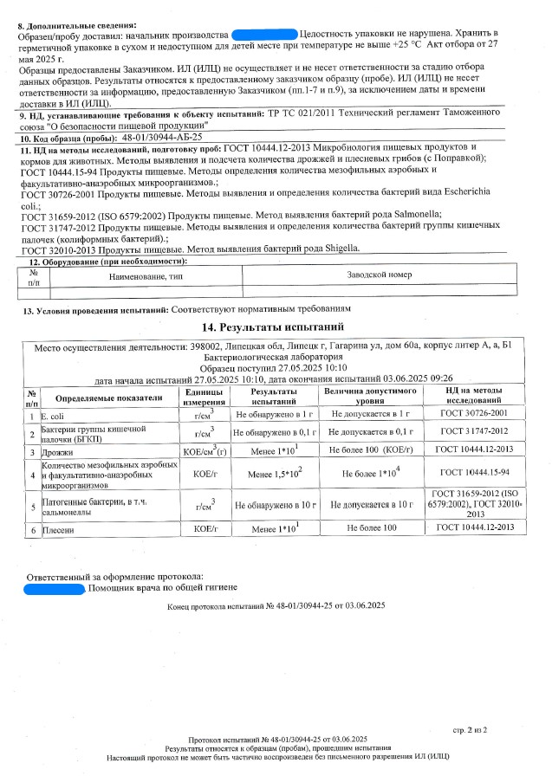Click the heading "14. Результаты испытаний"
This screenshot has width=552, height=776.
(273, 327)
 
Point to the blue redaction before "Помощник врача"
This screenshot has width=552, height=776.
(54, 589)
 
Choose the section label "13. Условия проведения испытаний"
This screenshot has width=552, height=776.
(94, 309)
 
